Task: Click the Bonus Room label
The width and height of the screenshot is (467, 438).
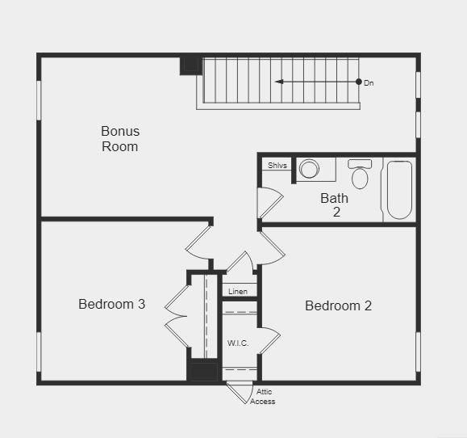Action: click(120, 138)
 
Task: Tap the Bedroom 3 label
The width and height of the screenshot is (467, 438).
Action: click(111, 304)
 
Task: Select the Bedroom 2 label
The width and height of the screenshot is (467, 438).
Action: click(338, 305)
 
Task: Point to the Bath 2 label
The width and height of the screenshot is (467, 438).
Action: click(335, 204)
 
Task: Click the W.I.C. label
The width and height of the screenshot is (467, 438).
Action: click(238, 343)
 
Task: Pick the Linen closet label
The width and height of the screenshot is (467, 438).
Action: click(238, 291)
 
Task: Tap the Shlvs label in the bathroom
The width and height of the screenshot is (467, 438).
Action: click(277, 166)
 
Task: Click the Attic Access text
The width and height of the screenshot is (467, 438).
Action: click(263, 397)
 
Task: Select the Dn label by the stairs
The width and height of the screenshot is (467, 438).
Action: click(369, 82)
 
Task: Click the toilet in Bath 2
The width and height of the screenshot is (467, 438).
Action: click(360, 174)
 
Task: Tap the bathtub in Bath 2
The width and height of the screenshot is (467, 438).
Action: click(399, 189)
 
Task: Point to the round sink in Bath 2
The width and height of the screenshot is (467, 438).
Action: click(309, 169)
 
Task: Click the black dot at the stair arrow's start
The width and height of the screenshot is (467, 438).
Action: click(359, 82)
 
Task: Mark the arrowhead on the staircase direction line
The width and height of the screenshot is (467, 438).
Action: click(278, 82)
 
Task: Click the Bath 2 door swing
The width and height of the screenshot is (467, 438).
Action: click(269, 202)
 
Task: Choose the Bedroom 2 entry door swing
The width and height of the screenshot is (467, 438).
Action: click(272, 247)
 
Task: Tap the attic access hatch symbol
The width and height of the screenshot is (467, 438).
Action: click(239, 392)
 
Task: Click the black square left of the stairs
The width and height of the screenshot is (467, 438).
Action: click(190, 65)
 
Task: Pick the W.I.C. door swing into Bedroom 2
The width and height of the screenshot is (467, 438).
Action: click(269, 340)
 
